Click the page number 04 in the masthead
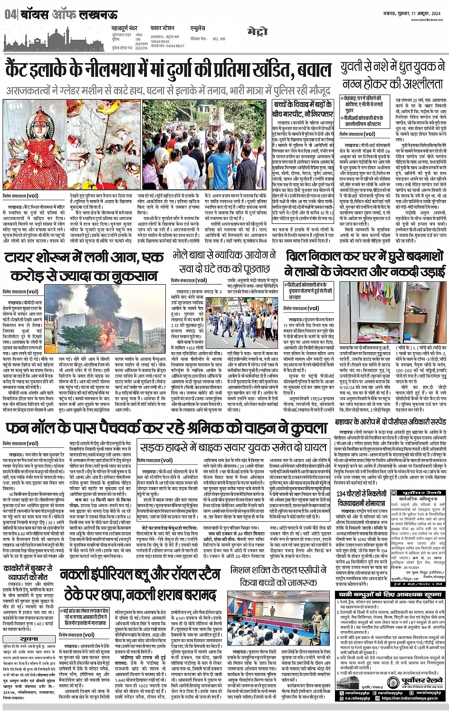click(x=10, y=15)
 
